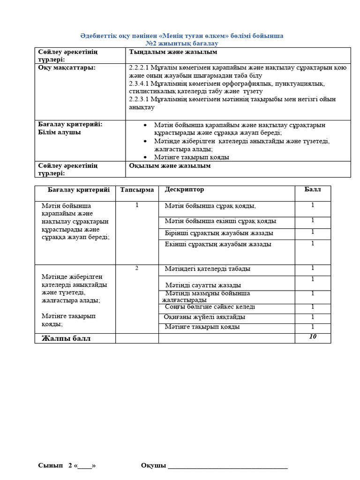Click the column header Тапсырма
point(137,190)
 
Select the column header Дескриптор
point(184,189)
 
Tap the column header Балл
point(313,189)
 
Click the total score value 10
point(313,337)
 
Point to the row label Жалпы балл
point(66,338)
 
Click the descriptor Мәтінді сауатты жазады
point(203,285)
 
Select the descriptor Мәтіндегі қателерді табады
point(207,269)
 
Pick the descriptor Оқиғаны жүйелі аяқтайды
point(204,317)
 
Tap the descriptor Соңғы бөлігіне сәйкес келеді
point(210,307)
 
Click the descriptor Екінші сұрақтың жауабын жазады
point(218,244)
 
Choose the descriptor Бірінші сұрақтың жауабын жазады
point(219,233)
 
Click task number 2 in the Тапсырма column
point(137,268)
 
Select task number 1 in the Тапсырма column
point(137,205)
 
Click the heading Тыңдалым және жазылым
point(173,52)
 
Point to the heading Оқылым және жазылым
point(170,165)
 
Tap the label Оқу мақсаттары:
point(67,68)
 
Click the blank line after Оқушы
point(228,465)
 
